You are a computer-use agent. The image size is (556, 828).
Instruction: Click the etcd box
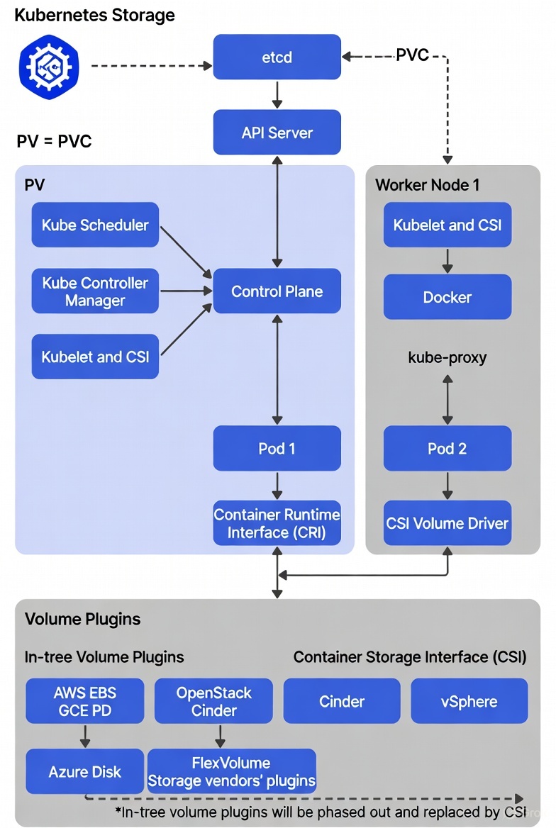pos(277,57)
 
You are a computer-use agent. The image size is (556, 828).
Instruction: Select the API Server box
pos(277,133)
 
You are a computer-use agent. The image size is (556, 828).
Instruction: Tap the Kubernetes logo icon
pos(49,67)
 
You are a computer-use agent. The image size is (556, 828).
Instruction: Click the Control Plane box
pos(277,291)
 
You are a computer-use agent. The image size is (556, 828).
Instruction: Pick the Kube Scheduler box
pos(95,225)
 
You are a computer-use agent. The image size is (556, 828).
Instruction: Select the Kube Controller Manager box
pos(95,291)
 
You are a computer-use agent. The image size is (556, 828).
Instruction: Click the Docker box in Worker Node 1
pos(447,297)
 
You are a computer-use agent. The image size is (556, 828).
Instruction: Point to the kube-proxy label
pos(447,357)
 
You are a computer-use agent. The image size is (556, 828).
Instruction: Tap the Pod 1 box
pos(277,449)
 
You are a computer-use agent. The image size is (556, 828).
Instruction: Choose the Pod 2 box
pos(447,449)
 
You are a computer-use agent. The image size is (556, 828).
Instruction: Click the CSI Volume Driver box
pos(447,524)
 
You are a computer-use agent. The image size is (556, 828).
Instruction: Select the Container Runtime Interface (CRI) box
pos(277,524)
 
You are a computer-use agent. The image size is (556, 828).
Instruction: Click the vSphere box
pos(469,701)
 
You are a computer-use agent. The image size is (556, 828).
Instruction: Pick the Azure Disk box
pos(85,772)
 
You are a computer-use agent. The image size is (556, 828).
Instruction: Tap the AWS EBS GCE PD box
pos(85,701)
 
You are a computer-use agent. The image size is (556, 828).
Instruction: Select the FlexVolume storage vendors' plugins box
pos(231,772)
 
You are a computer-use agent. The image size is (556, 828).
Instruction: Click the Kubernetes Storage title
pos(94,16)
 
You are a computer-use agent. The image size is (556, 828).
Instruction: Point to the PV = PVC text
pos(54,141)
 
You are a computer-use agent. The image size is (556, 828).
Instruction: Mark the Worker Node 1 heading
pos(427,185)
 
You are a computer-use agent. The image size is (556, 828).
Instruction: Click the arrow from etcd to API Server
pos(277,94)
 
